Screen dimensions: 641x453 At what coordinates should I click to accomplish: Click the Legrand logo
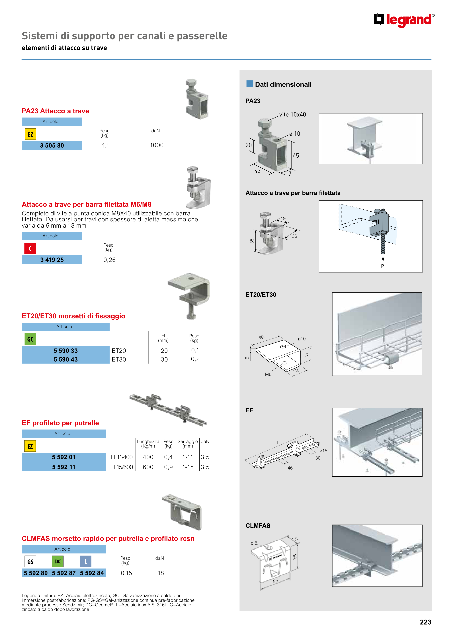click(x=404, y=20)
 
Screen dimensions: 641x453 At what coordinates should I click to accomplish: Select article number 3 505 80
click(x=52, y=145)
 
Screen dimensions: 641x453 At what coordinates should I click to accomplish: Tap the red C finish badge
click(x=30, y=248)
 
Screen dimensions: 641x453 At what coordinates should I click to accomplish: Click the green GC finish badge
click(x=30, y=339)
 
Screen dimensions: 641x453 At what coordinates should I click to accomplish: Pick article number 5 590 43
click(x=66, y=360)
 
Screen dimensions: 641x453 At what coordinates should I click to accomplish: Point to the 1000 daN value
click(x=157, y=145)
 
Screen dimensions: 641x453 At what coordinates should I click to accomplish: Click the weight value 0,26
click(x=109, y=260)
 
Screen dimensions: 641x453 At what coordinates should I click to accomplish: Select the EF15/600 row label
click(x=122, y=467)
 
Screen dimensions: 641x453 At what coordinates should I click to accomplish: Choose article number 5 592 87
click(x=64, y=573)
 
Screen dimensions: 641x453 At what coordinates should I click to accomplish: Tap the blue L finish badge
click(x=86, y=562)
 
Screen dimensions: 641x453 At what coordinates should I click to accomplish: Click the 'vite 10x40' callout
click(x=292, y=115)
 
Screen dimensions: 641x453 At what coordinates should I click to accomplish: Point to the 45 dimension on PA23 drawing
click(x=296, y=156)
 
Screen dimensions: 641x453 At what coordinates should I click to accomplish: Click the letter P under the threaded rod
click(x=383, y=266)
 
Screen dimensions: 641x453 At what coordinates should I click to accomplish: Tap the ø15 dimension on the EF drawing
click(x=323, y=451)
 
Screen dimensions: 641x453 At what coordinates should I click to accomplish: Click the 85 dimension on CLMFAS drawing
click(x=276, y=581)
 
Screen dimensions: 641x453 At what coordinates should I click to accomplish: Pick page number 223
click(x=425, y=622)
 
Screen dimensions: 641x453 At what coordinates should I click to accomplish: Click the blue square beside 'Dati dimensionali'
click(x=249, y=84)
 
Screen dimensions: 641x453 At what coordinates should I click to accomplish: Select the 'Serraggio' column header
click(x=188, y=441)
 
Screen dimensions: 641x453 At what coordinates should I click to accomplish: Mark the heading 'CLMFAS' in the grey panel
click(x=258, y=526)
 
